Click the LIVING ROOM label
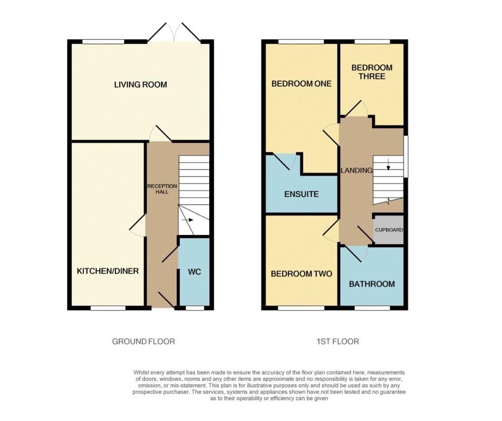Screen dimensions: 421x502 (x=141, y=84)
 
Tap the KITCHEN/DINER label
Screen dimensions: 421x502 (x=108, y=271)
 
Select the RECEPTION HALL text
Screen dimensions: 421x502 (x=162, y=189)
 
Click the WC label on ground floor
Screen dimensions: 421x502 (x=194, y=272)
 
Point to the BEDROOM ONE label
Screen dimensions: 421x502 (x=301, y=83)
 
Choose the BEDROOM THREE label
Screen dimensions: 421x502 (x=372, y=72)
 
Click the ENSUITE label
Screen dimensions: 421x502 (x=301, y=194)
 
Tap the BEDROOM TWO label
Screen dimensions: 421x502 (x=301, y=274)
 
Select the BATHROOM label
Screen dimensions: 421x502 (x=372, y=284)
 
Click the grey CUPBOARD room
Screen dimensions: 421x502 (x=389, y=230)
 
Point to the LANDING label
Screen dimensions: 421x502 (x=356, y=170)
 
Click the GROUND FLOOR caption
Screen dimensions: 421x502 (x=143, y=342)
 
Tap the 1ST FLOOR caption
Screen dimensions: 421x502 (x=338, y=342)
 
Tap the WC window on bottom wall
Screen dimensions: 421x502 (x=192, y=308)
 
